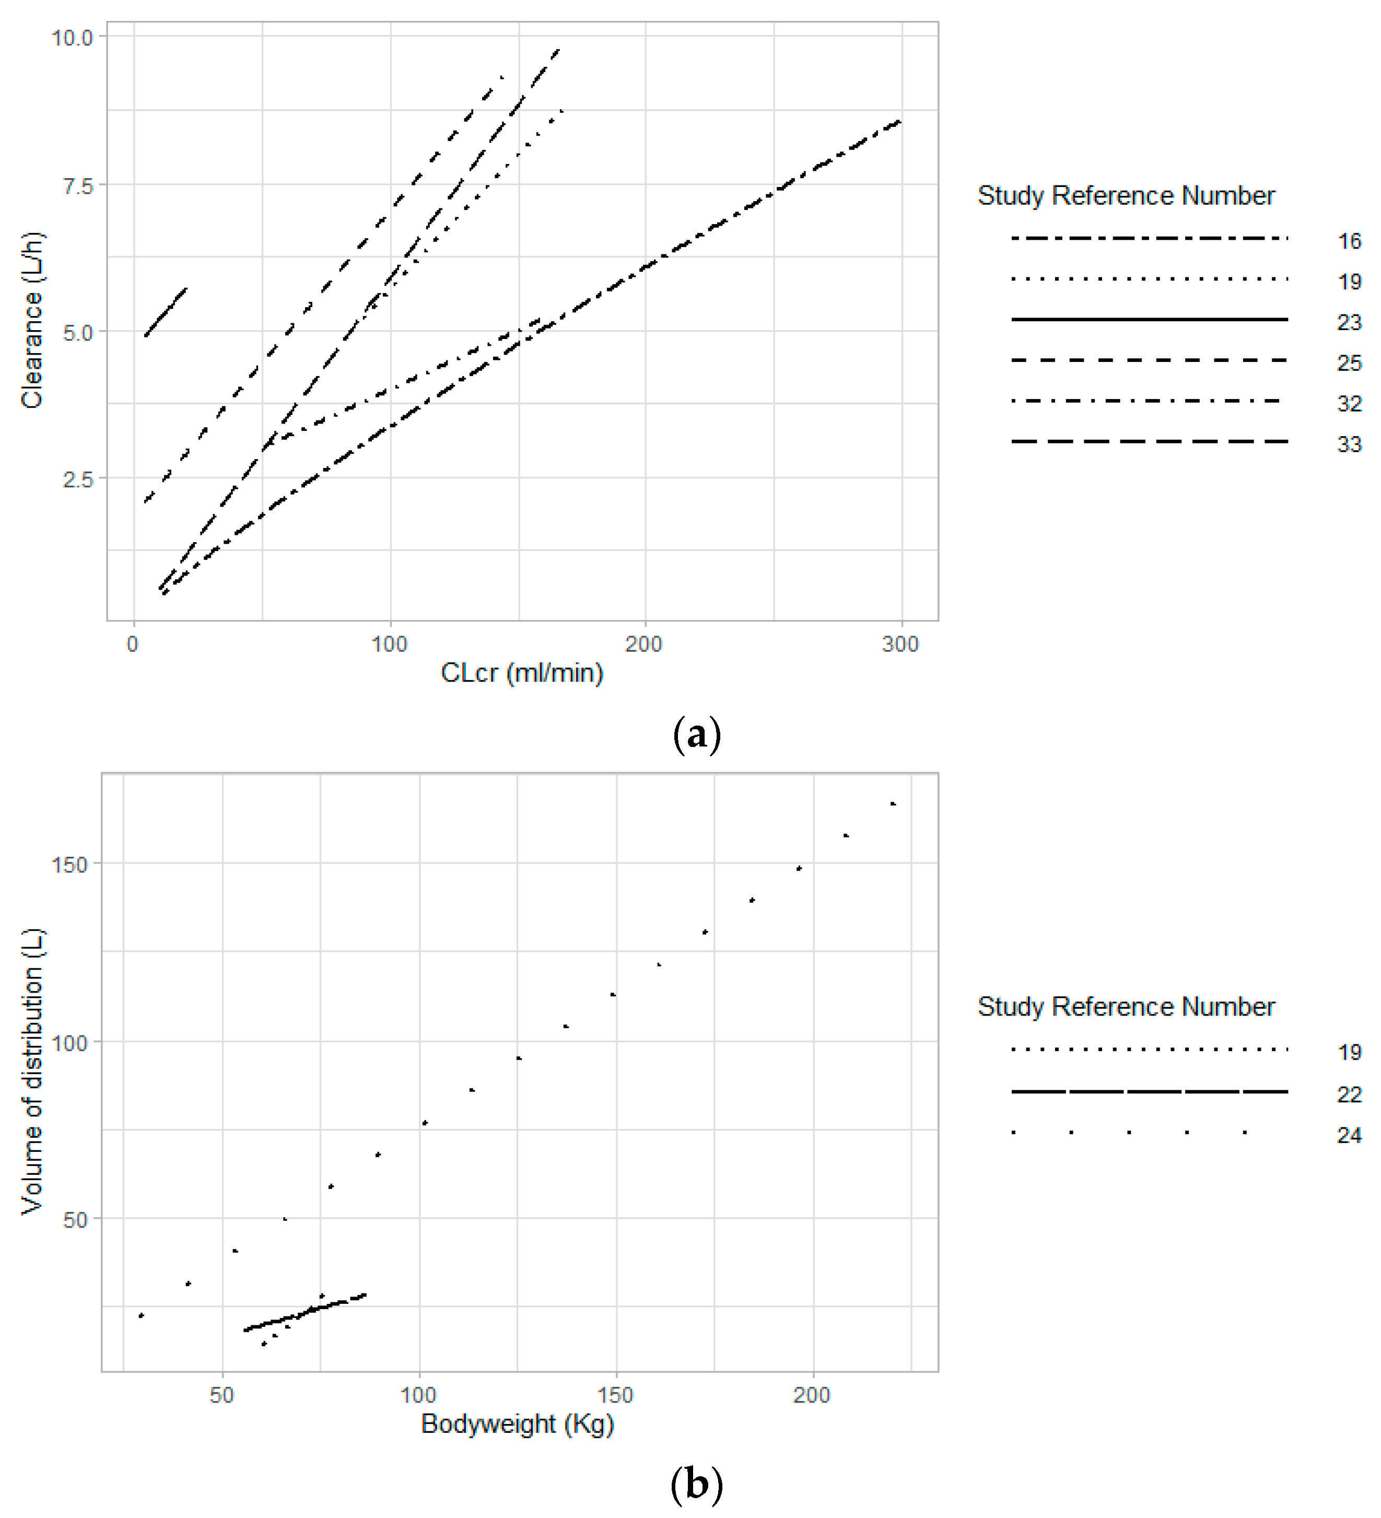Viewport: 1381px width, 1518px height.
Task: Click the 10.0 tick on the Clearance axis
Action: click(72, 37)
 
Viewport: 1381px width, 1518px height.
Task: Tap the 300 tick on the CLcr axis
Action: click(900, 645)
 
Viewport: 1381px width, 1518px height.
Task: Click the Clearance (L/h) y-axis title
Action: click(32, 320)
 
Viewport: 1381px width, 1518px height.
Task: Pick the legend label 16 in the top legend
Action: click(1349, 241)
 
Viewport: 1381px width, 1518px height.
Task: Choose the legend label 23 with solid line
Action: click(1349, 322)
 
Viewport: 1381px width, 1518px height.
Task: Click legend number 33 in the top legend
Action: click(1349, 444)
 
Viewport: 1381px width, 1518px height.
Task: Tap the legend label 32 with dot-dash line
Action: click(1349, 404)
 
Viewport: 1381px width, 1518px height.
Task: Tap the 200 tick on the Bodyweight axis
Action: click(812, 1395)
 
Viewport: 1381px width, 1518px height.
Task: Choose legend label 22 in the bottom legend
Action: click(1349, 1094)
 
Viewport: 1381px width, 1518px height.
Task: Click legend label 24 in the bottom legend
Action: click(1349, 1135)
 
